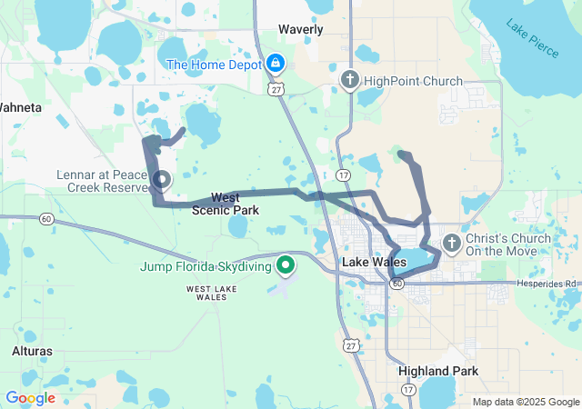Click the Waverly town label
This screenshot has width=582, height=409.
(300, 29)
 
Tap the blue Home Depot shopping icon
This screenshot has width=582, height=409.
(275, 64)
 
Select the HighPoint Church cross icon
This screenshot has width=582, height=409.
(348, 81)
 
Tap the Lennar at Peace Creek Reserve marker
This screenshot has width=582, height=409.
(162, 179)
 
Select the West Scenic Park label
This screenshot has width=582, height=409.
(226, 204)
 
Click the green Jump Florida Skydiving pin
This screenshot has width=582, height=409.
(286, 265)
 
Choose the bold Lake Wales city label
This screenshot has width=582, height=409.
(374, 262)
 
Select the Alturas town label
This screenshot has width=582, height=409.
(32, 351)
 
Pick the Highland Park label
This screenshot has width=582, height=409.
(438, 372)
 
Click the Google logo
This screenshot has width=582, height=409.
(30, 398)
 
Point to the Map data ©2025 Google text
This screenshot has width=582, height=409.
(525, 402)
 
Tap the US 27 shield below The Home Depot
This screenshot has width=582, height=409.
(276, 88)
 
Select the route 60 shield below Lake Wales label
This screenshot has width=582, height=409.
(397, 284)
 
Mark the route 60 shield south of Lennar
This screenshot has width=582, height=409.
(45, 219)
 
